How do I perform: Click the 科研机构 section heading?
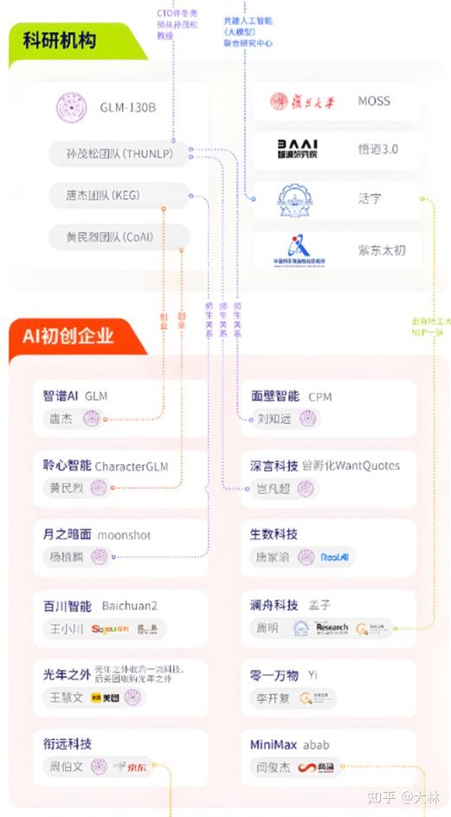[60, 41]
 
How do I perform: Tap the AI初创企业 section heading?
[68, 336]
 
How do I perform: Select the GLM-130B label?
[127, 108]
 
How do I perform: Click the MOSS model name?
[374, 101]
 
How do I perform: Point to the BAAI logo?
[297, 148]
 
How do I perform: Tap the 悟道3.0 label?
[378, 149]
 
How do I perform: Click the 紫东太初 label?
[382, 251]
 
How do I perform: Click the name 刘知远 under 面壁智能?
[275, 420]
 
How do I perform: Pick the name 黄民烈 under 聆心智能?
[67, 488]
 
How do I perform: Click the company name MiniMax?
[274, 744]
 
